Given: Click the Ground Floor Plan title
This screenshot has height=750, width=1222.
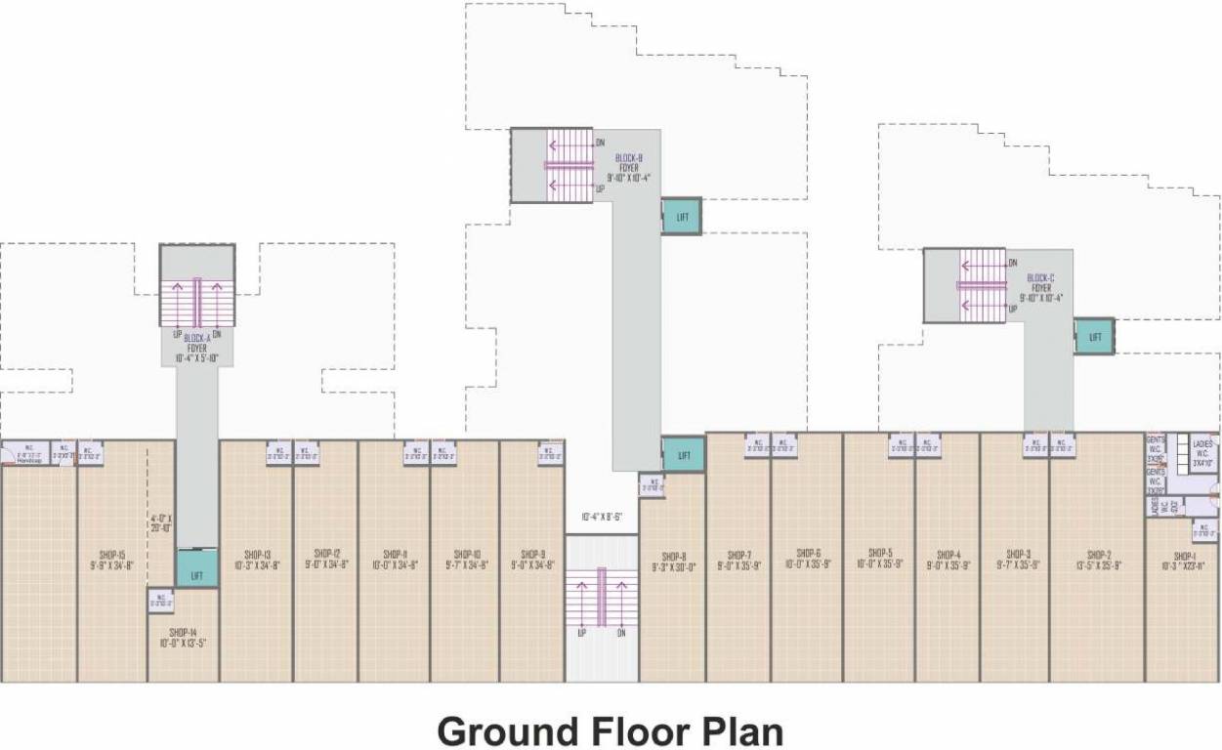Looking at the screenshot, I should [x=610, y=731].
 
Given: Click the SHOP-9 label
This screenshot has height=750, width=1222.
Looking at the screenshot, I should [x=532, y=559].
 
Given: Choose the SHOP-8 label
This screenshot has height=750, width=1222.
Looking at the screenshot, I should [x=673, y=561].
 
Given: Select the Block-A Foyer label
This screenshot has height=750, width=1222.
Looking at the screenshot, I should [x=197, y=348].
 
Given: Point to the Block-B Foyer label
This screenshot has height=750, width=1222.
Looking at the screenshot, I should [x=628, y=167].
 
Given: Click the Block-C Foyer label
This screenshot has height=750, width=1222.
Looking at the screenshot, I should [x=1041, y=288].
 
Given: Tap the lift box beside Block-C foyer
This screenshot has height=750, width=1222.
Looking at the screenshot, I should [x=1094, y=336].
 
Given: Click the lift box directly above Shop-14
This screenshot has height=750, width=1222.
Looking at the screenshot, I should [x=197, y=572].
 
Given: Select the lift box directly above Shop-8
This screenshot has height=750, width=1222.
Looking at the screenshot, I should [x=684, y=455].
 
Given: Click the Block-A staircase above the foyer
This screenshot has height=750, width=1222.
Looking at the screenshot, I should [x=197, y=303].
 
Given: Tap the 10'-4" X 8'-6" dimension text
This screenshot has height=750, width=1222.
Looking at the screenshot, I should [x=601, y=517].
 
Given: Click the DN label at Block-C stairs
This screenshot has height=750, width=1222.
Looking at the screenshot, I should [x=1013, y=263].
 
